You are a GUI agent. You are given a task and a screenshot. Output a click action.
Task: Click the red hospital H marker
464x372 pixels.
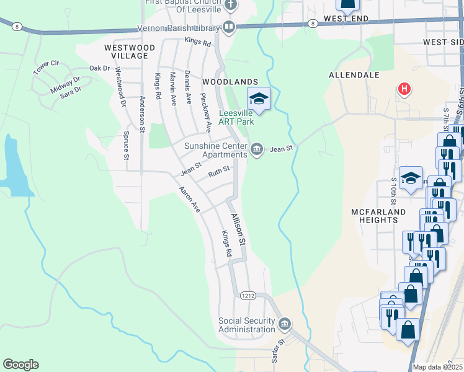(x=404, y=89)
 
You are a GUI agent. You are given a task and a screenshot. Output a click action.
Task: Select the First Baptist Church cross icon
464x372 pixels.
(x=231, y=6)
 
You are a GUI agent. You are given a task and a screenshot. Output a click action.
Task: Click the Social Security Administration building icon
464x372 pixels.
(x=285, y=323)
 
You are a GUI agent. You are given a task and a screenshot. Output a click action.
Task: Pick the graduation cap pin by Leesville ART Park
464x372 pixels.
(x=259, y=99)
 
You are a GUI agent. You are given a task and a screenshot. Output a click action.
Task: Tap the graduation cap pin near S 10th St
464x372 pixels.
(x=411, y=178)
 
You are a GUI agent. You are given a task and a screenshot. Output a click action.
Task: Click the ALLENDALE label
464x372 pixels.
(x=354, y=75)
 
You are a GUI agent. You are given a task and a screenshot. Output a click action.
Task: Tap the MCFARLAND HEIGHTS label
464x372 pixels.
(x=378, y=216)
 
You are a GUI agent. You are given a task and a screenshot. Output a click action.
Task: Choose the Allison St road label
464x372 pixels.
(x=239, y=228)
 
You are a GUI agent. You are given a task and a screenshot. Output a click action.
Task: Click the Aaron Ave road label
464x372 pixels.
(x=189, y=200)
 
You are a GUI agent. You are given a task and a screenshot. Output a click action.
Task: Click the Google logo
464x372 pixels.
(x=20, y=365)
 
